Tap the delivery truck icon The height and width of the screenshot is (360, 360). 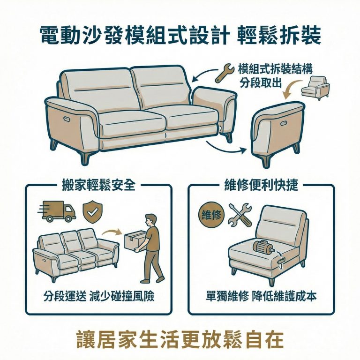pyautogui.click(x=59, y=211)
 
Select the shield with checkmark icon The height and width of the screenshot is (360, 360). pyautogui.click(x=91, y=211)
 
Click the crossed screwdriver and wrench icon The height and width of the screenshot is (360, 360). pyautogui.click(x=240, y=214)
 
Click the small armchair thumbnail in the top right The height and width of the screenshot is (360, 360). pyautogui.click(x=315, y=89)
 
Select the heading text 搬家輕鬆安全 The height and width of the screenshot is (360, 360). pyautogui.click(x=98, y=185)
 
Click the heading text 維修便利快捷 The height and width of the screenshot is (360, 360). pyautogui.click(x=261, y=185)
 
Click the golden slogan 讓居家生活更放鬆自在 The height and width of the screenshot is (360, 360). pyautogui.click(x=180, y=339)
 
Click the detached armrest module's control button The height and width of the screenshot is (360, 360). pyautogui.click(x=285, y=122)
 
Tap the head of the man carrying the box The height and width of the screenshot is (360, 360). pyautogui.click(x=150, y=219)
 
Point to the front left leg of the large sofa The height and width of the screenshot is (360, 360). pyautogui.click(x=85, y=156)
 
